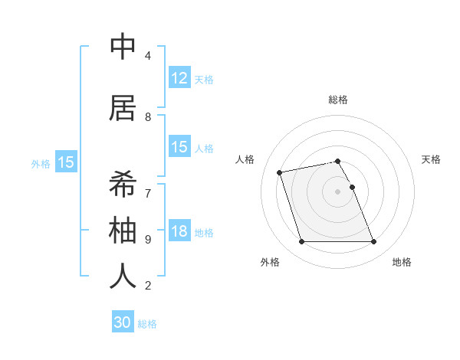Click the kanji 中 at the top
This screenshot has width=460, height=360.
[123, 47]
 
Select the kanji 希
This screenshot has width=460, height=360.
[123, 184]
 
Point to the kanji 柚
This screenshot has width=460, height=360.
[123, 230]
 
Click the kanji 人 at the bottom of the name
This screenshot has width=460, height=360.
[123, 276]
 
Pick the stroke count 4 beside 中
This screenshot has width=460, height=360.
[147, 56]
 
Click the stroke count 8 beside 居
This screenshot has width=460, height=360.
[147, 117]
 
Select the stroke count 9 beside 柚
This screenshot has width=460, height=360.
[147, 239]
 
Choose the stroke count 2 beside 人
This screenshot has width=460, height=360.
[147, 286]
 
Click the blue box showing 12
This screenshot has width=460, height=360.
[179, 77]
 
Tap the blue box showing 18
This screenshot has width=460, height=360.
[179, 231]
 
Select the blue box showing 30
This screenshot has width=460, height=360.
[123, 322]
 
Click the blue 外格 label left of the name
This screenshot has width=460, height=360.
[41, 163]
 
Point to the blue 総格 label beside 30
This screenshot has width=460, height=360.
[147, 324]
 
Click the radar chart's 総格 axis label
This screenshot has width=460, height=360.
[338, 100]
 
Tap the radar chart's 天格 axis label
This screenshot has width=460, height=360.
[431, 159]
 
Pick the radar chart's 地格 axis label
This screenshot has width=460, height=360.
[402, 262]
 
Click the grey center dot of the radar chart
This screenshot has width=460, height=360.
[337, 191]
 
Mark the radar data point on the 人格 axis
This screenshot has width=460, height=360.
[280, 172]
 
